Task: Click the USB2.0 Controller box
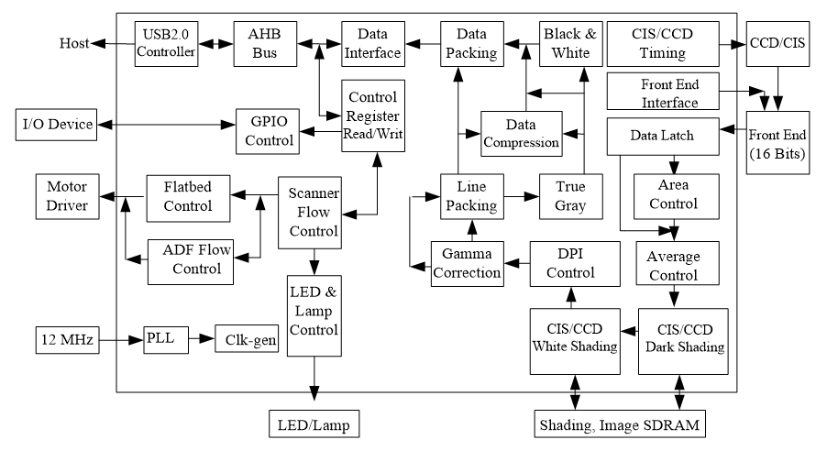(x=166, y=44)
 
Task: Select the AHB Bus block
(x=265, y=44)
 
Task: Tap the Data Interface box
(x=373, y=44)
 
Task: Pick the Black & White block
(x=570, y=44)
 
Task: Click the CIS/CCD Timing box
(x=663, y=44)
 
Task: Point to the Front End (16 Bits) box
(x=777, y=142)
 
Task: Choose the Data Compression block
(x=521, y=134)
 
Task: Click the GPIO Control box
(x=268, y=131)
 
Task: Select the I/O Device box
(x=57, y=125)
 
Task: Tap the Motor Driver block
(x=68, y=196)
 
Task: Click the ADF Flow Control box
(x=191, y=261)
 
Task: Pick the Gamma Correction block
(x=468, y=264)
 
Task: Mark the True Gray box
(x=570, y=196)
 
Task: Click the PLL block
(x=166, y=340)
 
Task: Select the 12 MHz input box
(x=68, y=340)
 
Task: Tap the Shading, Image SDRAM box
(x=620, y=423)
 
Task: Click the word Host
(x=74, y=43)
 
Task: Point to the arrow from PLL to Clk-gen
(x=202, y=338)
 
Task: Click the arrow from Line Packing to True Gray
(x=521, y=197)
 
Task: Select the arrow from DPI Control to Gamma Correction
(x=517, y=263)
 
